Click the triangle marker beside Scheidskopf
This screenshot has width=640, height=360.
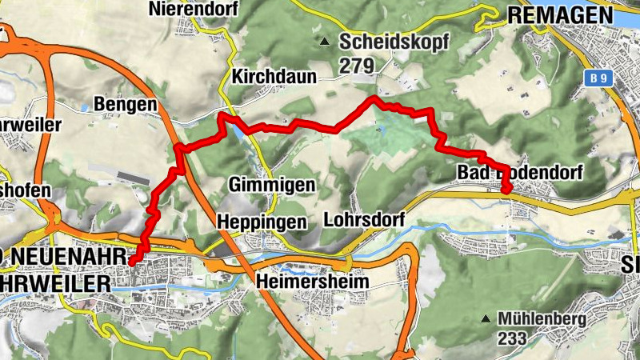324,42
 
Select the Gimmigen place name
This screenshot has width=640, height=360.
271,185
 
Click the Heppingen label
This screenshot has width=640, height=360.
262,220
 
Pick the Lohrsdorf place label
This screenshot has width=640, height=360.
366,218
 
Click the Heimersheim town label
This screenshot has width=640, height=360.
313,282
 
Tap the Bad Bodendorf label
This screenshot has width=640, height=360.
519,173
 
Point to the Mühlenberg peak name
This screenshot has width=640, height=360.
542,319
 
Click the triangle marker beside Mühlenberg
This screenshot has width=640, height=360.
484,319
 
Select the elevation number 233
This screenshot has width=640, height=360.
511,339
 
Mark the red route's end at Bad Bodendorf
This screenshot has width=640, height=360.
506,190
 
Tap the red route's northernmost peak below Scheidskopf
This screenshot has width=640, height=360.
373,98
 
